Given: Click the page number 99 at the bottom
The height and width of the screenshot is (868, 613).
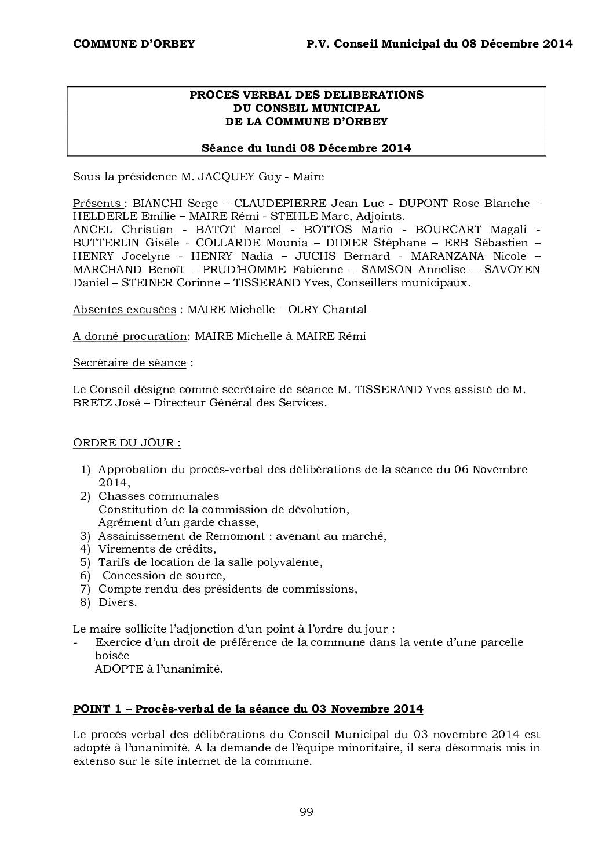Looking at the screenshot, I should click(306, 812).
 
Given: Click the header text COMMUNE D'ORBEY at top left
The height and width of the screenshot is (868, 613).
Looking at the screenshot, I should click(134, 44).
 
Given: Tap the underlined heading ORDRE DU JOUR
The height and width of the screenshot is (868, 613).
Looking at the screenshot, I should click(126, 443).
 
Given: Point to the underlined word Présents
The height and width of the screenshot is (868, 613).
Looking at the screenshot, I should click(96, 204).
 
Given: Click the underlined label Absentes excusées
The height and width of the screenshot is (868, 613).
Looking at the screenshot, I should click(124, 310).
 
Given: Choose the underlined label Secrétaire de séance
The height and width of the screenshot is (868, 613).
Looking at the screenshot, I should click(129, 363).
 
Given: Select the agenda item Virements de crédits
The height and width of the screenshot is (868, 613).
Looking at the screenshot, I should click(157, 549).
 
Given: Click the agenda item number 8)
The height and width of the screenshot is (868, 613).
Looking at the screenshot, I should click(85, 602).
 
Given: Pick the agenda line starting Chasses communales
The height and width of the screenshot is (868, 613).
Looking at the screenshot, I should click(159, 496).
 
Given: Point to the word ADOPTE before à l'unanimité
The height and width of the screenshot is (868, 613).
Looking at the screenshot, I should click(116, 669).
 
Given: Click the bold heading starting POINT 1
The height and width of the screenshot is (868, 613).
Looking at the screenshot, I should click(248, 709).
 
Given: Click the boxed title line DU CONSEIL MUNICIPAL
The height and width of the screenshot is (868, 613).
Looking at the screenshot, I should click(306, 108).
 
